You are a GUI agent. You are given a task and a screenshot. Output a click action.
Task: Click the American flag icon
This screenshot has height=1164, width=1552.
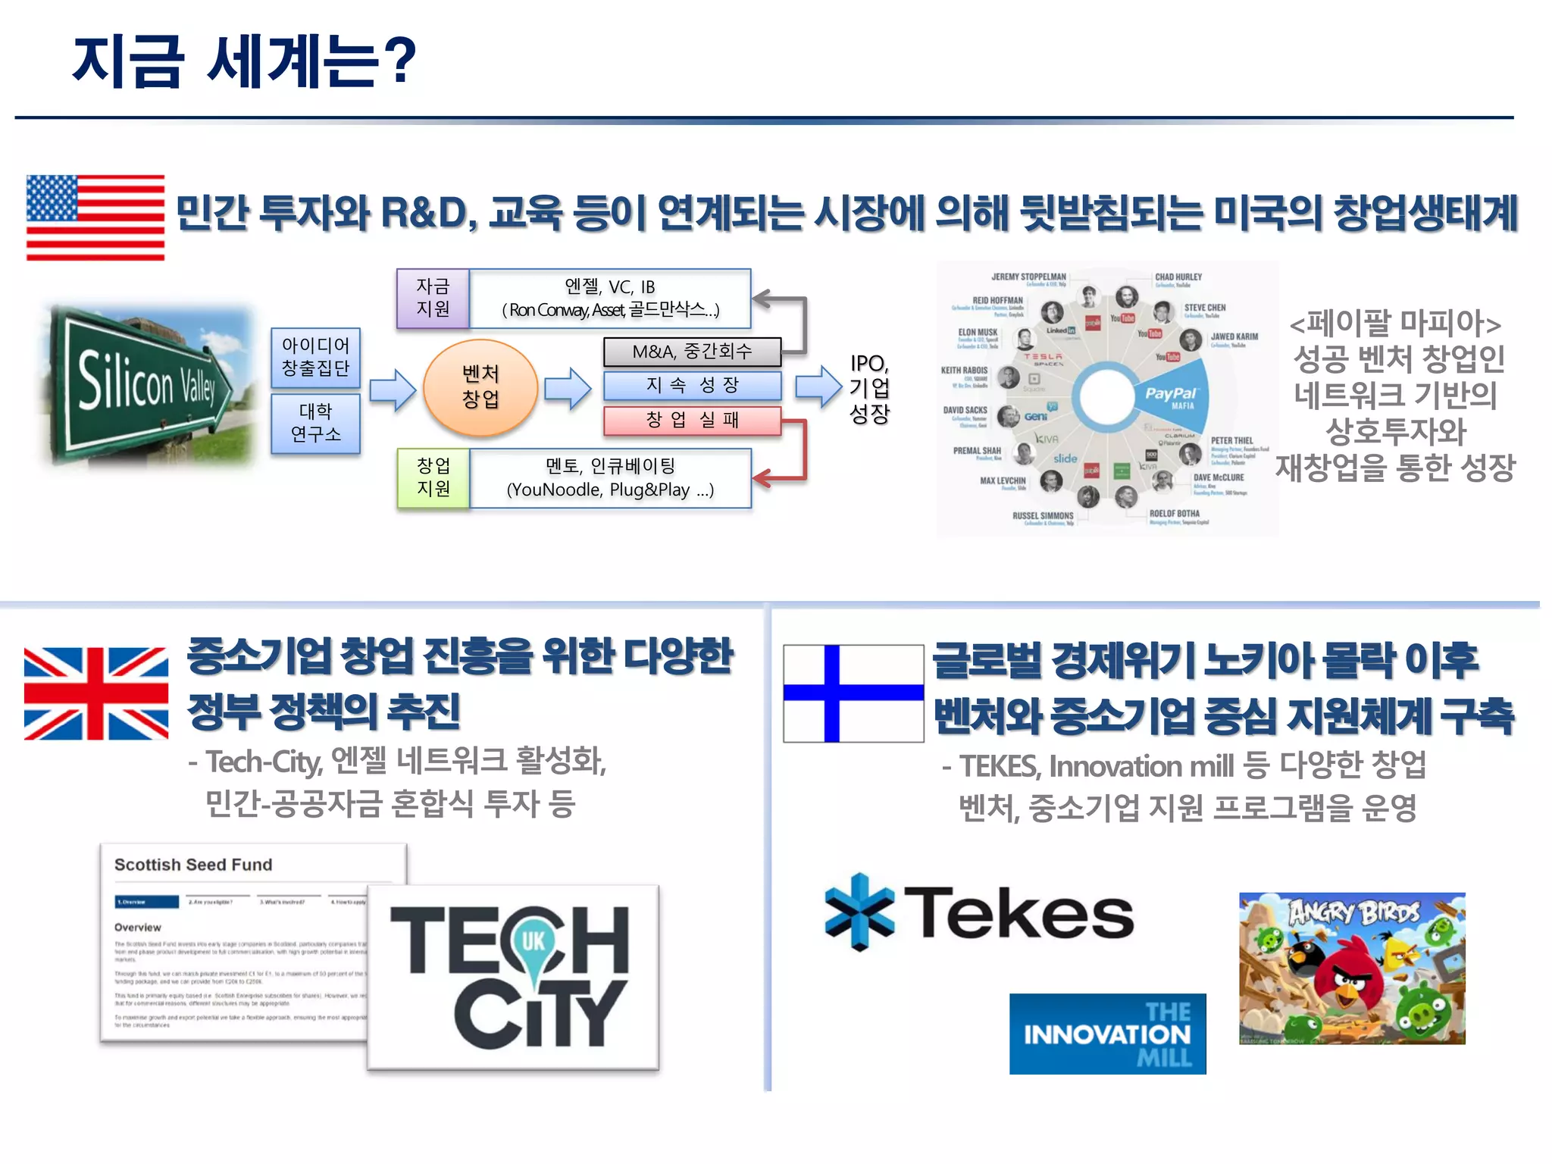(95, 217)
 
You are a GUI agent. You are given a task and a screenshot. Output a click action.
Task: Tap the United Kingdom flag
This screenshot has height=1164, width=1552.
(96, 693)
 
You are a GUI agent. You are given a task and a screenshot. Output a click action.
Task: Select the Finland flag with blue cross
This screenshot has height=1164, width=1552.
(853, 693)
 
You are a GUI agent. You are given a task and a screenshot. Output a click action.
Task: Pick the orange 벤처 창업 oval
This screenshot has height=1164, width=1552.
(480, 387)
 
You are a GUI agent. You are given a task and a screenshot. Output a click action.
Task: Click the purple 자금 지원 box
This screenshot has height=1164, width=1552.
(433, 298)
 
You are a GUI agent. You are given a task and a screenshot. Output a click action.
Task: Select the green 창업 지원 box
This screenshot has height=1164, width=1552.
(433, 477)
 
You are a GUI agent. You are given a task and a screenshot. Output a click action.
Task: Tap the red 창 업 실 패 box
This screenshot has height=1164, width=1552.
(692, 421)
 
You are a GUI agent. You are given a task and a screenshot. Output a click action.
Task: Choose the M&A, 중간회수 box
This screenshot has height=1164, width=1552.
(692, 352)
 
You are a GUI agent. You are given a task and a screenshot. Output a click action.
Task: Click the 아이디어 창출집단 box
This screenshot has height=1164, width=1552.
(315, 357)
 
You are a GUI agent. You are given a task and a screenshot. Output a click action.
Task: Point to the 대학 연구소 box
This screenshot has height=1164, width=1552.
(315, 423)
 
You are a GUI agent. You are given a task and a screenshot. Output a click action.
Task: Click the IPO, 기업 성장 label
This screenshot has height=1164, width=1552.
(869, 388)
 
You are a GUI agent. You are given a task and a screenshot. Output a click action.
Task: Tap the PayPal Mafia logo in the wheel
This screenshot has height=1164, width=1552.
(1172, 396)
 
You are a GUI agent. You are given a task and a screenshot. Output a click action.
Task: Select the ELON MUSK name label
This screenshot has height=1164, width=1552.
(978, 333)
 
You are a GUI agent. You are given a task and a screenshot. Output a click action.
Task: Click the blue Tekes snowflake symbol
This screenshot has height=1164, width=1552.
(859, 912)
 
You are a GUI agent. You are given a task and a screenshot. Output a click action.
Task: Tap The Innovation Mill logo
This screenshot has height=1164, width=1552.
(1107, 1034)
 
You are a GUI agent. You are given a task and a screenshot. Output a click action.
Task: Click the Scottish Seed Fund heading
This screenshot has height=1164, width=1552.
(193, 865)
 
